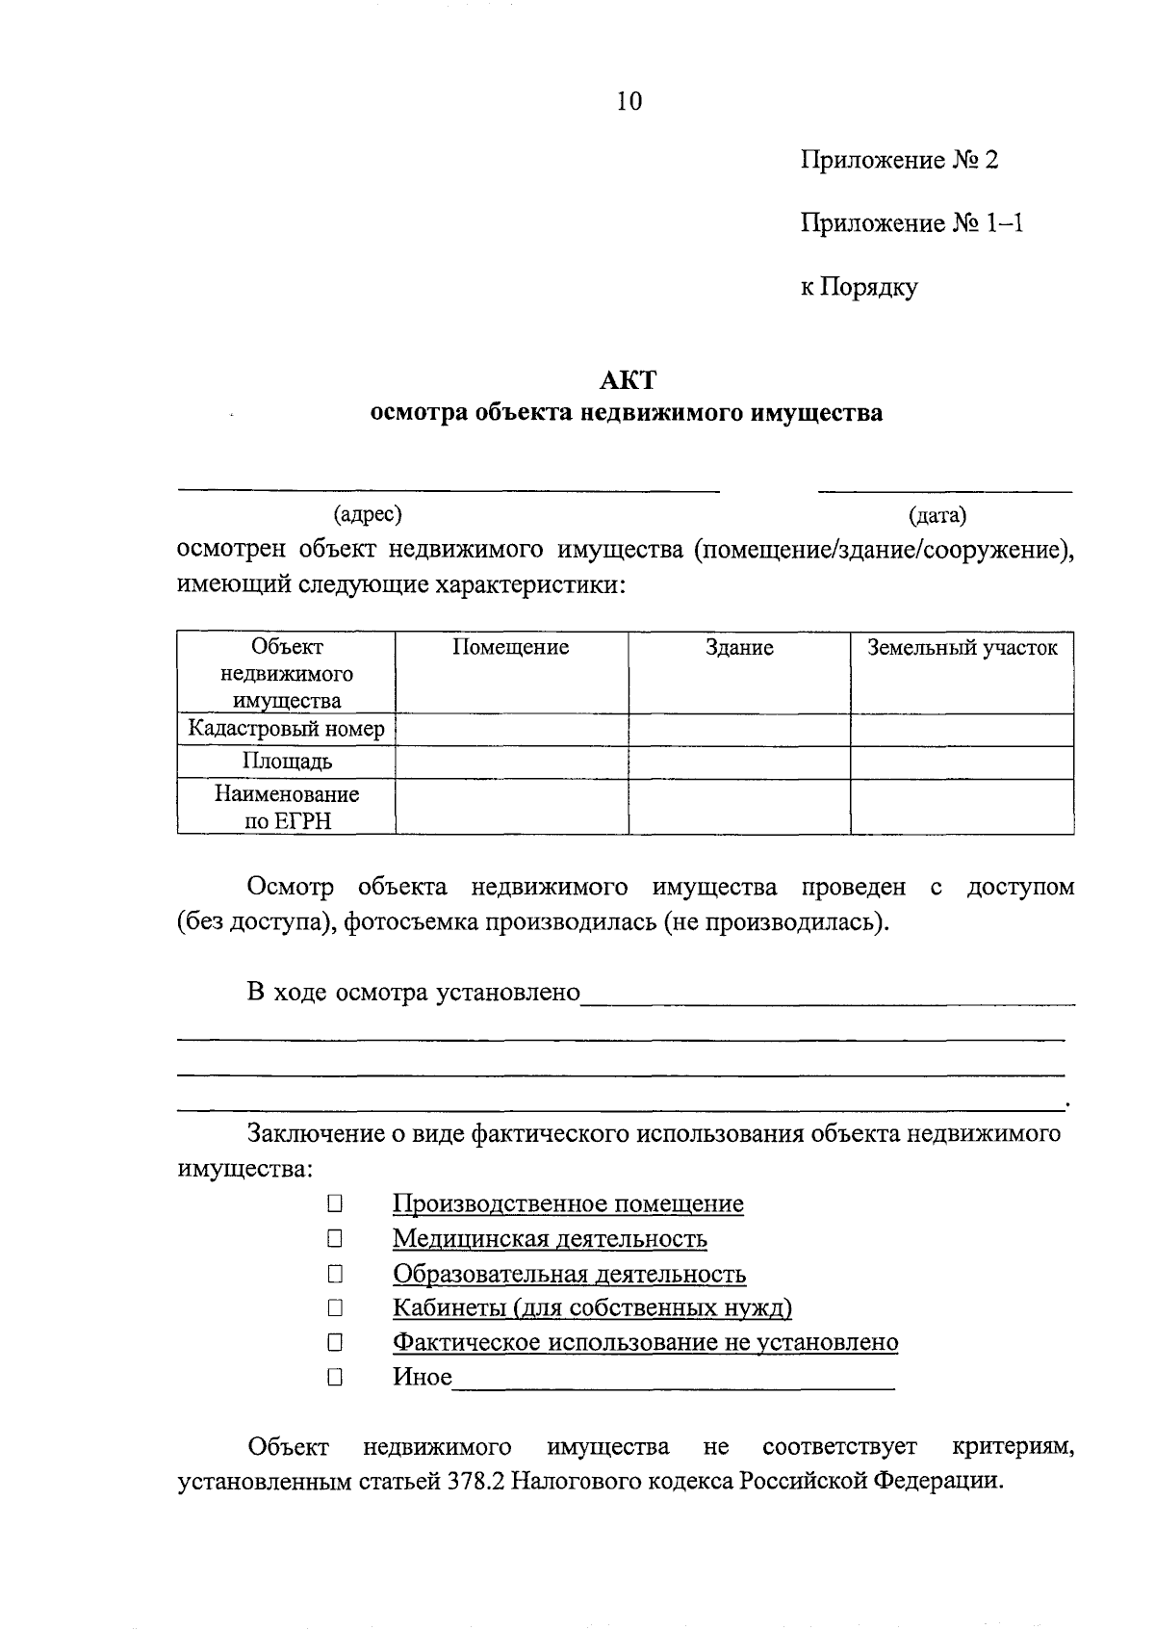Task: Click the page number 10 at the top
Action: point(629,101)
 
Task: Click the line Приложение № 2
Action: point(899,160)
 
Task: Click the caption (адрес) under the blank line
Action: point(367,515)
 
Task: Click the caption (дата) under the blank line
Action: point(937,517)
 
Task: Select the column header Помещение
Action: point(511,648)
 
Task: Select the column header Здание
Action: point(738,648)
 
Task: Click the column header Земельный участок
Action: point(962,648)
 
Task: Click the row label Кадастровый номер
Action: point(286,729)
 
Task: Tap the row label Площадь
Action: point(287,762)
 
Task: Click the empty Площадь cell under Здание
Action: point(738,763)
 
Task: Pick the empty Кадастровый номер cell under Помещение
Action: point(511,730)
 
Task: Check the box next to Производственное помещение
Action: point(334,1203)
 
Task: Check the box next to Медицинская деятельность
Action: point(334,1238)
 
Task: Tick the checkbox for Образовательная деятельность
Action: point(334,1274)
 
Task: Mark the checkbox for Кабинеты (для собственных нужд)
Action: point(334,1307)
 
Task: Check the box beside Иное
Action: point(334,1377)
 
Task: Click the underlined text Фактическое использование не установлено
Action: point(645,1342)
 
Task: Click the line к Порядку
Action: point(859,287)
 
